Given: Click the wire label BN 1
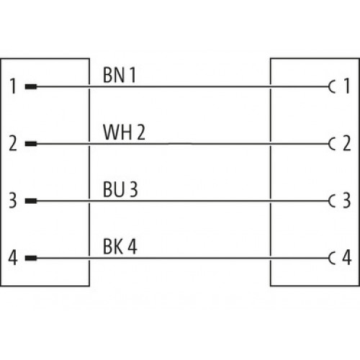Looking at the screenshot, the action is (x=120, y=75).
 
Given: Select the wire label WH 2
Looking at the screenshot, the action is (x=124, y=132).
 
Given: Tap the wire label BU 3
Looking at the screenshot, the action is (x=120, y=189).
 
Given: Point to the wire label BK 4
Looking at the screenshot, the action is (x=120, y=246).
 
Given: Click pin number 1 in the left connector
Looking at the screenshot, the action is (x=13, y=86).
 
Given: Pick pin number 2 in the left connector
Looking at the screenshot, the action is (x=13, y=143).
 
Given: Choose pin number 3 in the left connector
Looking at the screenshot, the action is (x=13, y=200).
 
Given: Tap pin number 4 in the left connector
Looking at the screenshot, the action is (x=13, y=258).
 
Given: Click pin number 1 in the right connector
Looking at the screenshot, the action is (x=347, y=86).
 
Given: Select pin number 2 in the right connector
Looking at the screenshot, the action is (x=347, y=143).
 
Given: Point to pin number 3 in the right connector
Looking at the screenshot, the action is (x=347, y=200).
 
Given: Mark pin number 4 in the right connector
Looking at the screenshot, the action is (x=347, y=257).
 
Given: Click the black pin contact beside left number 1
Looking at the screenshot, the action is (x=31, y=86).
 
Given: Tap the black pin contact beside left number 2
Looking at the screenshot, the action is (x=31, y=144).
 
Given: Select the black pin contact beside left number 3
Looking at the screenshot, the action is (x=31, y=201).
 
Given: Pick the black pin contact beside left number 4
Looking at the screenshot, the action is (x=31, y=258).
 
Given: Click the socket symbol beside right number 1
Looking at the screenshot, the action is (x=329, y=86).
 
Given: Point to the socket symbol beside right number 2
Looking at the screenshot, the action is (x=329, y=144).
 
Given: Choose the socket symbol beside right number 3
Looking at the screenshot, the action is (x=329, y=201).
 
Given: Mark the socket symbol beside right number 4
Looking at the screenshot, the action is (x=329, y=258).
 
